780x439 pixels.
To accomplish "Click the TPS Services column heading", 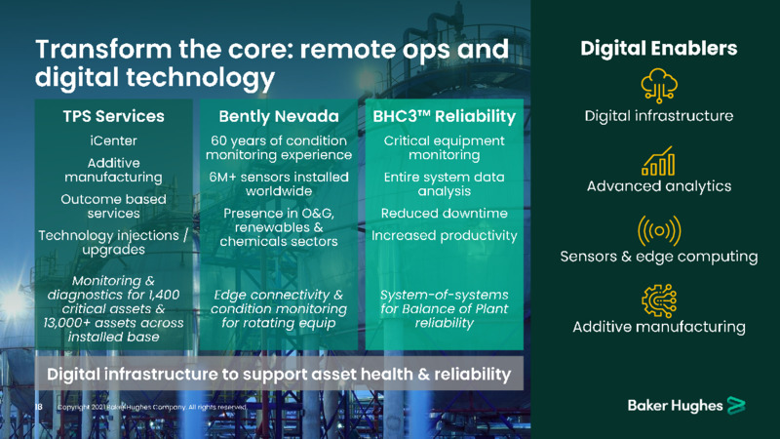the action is [113, 116].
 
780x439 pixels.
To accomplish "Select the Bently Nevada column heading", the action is [279, 116].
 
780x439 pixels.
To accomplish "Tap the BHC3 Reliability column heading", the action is [445, 116].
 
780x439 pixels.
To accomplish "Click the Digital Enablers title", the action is [659, 48].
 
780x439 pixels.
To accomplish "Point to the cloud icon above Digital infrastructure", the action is [659, 86].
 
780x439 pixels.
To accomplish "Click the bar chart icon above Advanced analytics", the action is [659, 161].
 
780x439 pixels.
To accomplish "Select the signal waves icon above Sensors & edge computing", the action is [659, 230].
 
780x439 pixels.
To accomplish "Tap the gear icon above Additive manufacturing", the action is [659, 300].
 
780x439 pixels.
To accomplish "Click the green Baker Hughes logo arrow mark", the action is [736, 405].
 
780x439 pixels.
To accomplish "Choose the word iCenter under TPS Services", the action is [113, 140].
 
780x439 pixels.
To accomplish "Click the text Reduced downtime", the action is [445, 214].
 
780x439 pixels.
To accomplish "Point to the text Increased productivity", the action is [445, 235].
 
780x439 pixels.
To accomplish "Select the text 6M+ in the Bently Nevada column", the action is [222, 178].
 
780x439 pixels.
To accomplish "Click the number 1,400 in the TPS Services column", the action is [163, 295].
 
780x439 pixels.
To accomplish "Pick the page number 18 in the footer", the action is [39, 407].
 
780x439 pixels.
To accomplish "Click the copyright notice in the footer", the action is [152, 407].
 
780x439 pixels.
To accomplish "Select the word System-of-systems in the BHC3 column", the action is [445, 295].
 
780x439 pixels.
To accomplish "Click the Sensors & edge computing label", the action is [659, 257].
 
